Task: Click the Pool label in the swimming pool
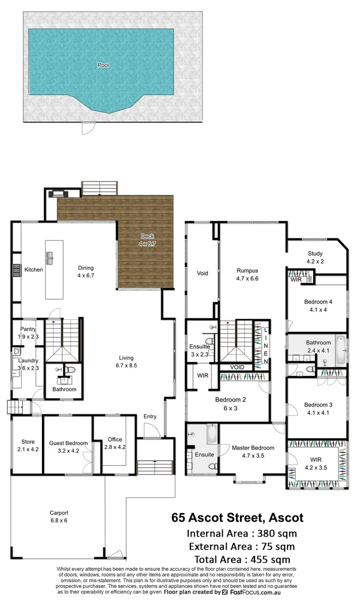point(103,65)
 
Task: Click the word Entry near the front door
point(150,417)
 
